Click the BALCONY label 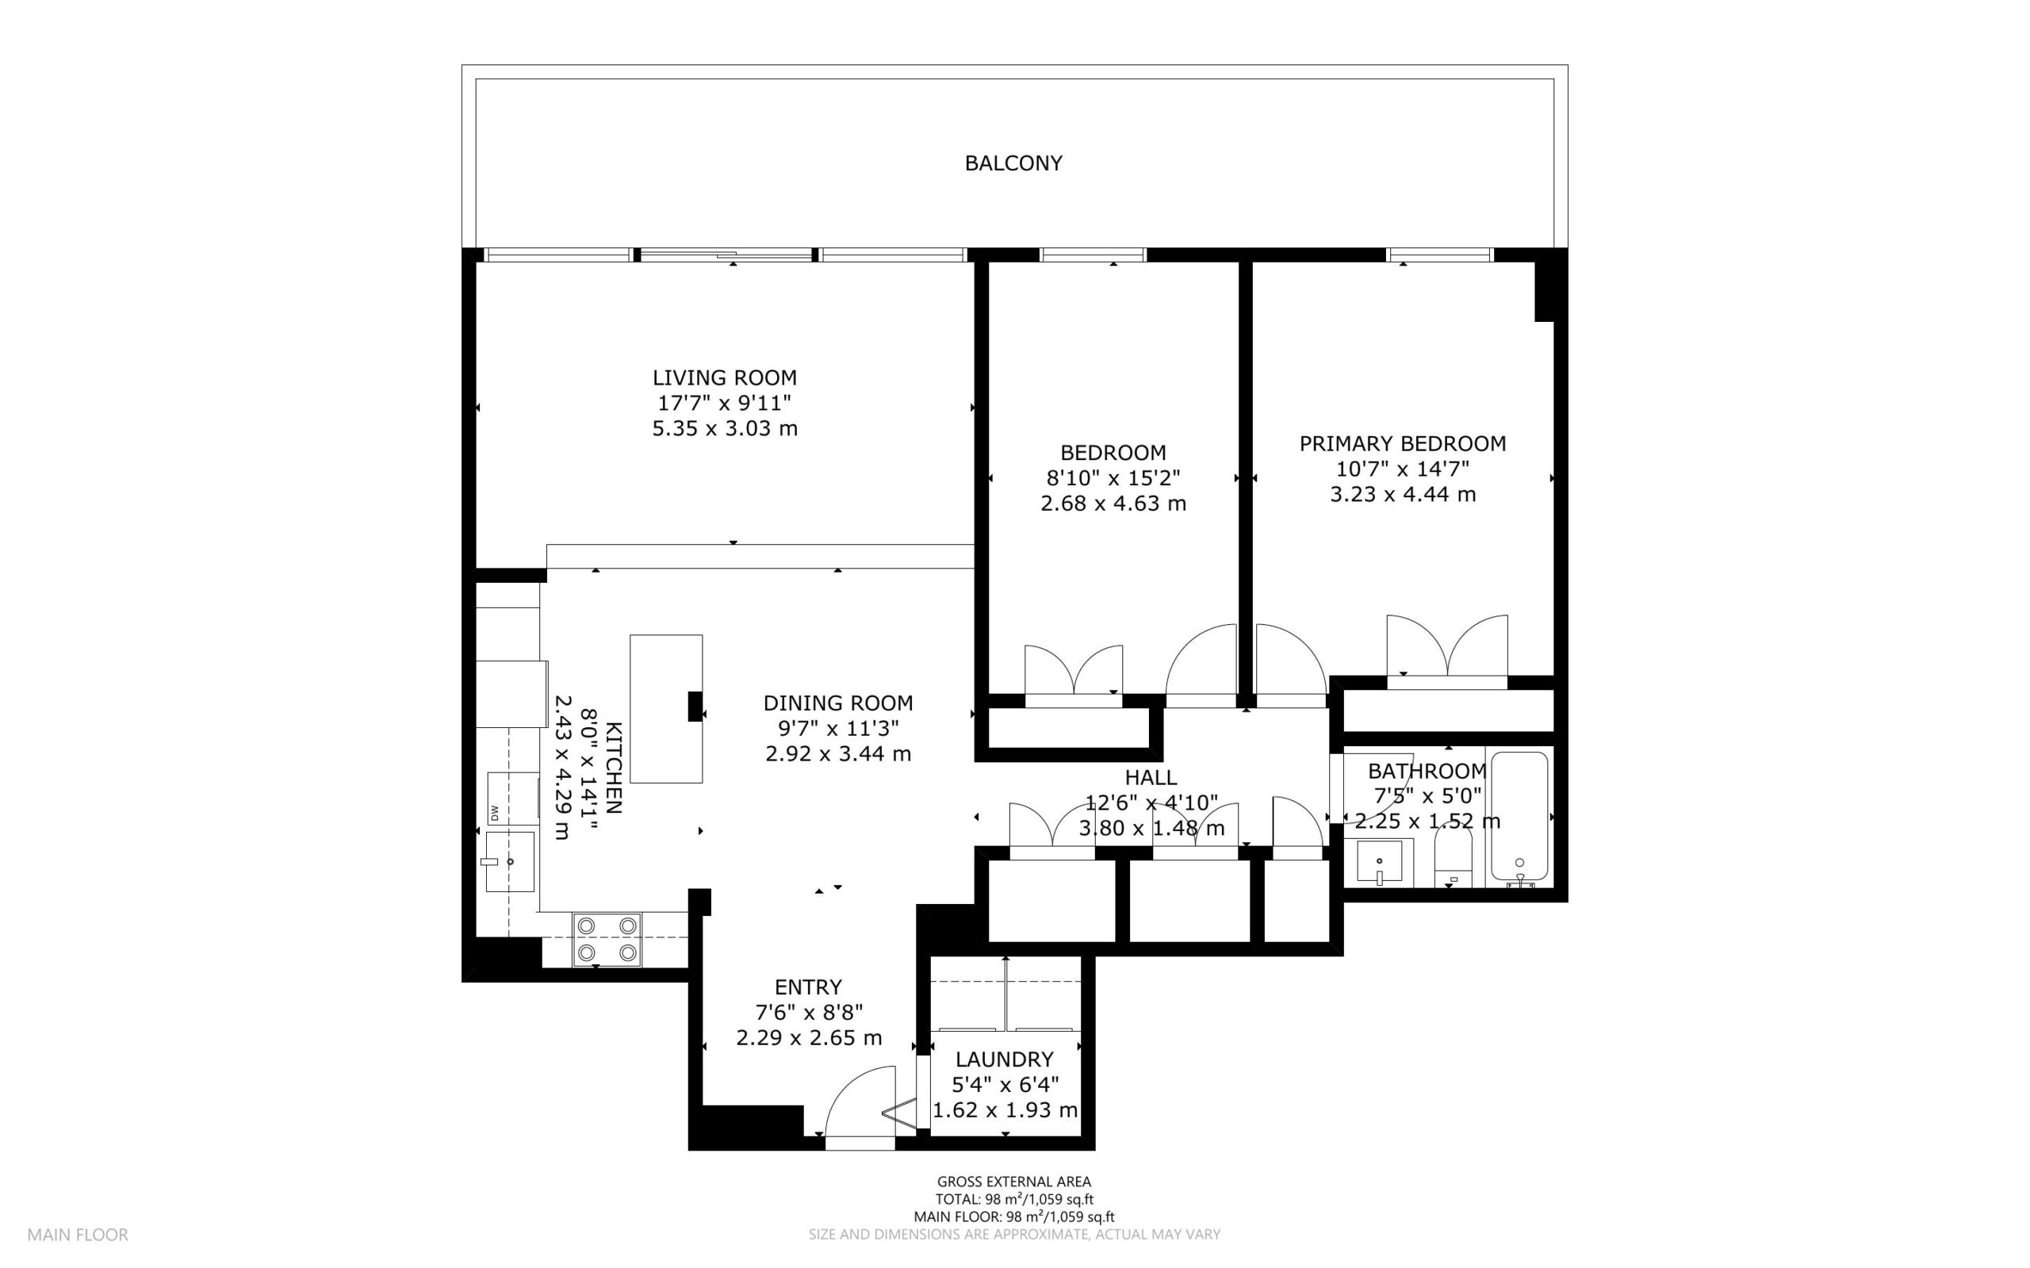pyautogui.click(x=1013, y=163)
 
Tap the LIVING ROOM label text pyautogui.click(x=725, y=377)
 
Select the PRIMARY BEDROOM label pyautogui.click(x=1402, y=442)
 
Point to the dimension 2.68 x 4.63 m pyautogui.click(x=1113, y=504)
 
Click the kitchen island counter pyautogui.click(x=666, y=709)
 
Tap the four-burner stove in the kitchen pyautogui.click(x=607, y=939)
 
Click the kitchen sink pyautogui.click(x=510, y=861)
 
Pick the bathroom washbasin pyautogui.click(x=1381, y=862)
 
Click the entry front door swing pyautogui.click(x=860, y=1101)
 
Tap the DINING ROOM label pyautogui.click(x=837, y=703)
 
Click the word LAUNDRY pyautogui.click(x=1004, y=1059)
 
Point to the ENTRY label pyautogui.click(x=807, y=987)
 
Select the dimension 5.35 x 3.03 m pyautogui.click(x=725, y=428)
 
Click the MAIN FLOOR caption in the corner pyautogui.click(x=78, y=1235)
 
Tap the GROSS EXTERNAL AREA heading pyautogui.click(x=1013, y=1182)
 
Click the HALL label pyautogui.click(x=1151, y=777)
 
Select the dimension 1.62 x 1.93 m pyautogui.click(x=1005, y=1110)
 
